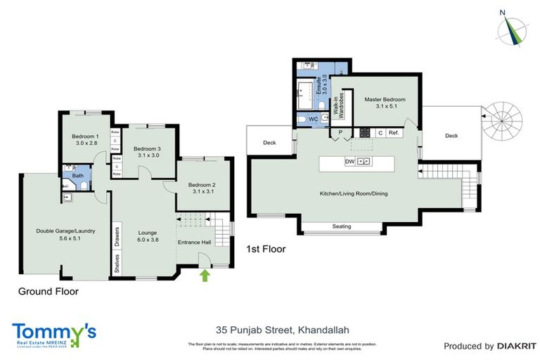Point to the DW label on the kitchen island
[x=349, y=162]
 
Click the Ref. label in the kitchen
[x=394, y=132]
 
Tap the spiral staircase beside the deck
[x=503, y=122]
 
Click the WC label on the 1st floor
[x=314, y=120]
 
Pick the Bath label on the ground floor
[x=69, y=176]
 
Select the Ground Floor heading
[x=49, y=290]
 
